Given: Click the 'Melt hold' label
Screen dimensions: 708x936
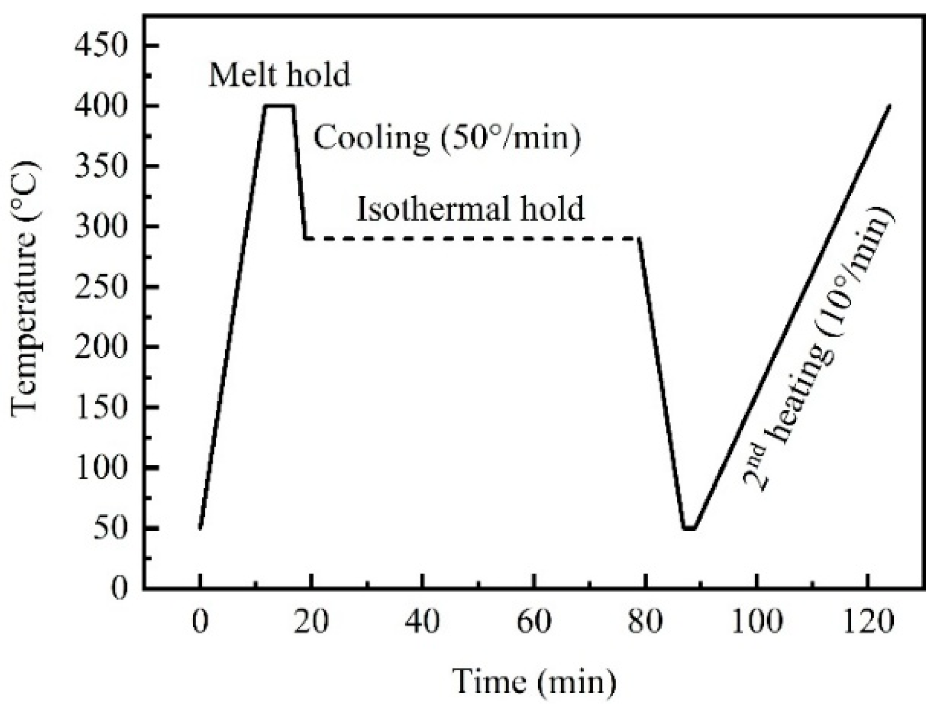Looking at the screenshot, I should tap(279, 75).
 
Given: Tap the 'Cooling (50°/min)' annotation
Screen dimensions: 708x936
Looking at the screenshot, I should tap(447, 138).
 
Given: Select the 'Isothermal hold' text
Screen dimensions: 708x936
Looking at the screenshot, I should tap(470, 209).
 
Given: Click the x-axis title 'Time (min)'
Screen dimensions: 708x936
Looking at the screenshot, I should tap(534, 682).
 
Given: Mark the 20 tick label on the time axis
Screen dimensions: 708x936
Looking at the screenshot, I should tap(311, 622).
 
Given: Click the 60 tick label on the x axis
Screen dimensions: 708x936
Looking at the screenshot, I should tap(534, 622).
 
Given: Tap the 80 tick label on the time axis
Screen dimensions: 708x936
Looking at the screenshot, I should tap(645, 622).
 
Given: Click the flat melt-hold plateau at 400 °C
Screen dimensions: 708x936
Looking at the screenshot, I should tap(279, 105).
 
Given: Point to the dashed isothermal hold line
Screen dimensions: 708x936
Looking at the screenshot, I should tap(471, 239).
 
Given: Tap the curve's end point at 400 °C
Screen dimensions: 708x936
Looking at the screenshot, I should tap(889, 106).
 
